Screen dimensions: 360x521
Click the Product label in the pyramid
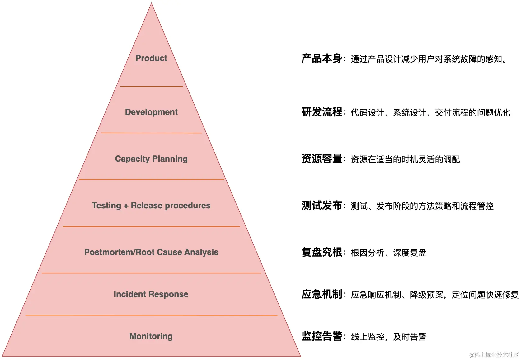click(x=151, y=58)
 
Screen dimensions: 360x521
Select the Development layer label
click(x=151, y=112)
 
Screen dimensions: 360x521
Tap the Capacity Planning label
click(x=151, y=159)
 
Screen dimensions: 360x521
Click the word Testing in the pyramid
click(x=106, y=206)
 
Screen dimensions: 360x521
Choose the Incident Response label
click(x=151, y=294)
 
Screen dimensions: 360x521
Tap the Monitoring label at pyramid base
click(x=151, y=336)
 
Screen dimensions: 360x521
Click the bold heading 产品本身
click(x=322, y=59)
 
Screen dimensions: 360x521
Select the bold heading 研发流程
click(x=322, y=112)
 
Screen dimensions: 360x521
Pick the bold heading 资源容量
click(x=322, y=159)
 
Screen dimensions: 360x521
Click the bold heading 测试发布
click(x=322, y=206)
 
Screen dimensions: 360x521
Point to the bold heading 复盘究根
click(x=322, y=252)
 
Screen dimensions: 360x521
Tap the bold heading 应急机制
click(x=322, y=294)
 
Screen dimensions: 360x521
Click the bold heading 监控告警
click(x=322, y=336)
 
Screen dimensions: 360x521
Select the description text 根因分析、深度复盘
click(x=388, y=253)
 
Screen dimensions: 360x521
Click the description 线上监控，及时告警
click(x=388, y=337)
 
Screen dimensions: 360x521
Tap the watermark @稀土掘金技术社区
click(x=494, y=355)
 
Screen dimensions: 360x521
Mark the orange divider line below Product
click(x=151, y=86)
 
